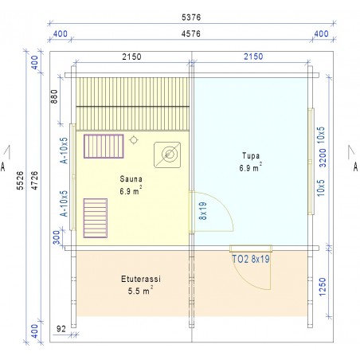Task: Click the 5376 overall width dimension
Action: point(191,18)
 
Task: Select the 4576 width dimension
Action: point(191,34)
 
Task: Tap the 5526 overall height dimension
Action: point(20,180)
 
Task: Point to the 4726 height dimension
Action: point(34,180)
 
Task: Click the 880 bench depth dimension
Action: point(54,96)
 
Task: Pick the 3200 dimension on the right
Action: point(322,158)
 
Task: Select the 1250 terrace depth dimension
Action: point(322,287)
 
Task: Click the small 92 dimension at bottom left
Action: point(61,329)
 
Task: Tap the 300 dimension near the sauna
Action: point(57,237)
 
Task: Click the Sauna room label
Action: point(131,179)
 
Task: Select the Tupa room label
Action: point(251,155)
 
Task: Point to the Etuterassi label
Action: point(141,279)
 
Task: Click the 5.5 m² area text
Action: point(140,291)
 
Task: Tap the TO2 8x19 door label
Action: point(251,259)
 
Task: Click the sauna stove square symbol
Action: point(167,155)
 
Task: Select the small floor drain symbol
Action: point(133,139)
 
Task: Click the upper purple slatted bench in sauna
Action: point(104,147)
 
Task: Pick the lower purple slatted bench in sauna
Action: point(96,218)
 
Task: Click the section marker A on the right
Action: point(355,166)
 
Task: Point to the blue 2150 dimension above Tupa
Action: point(253,57)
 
